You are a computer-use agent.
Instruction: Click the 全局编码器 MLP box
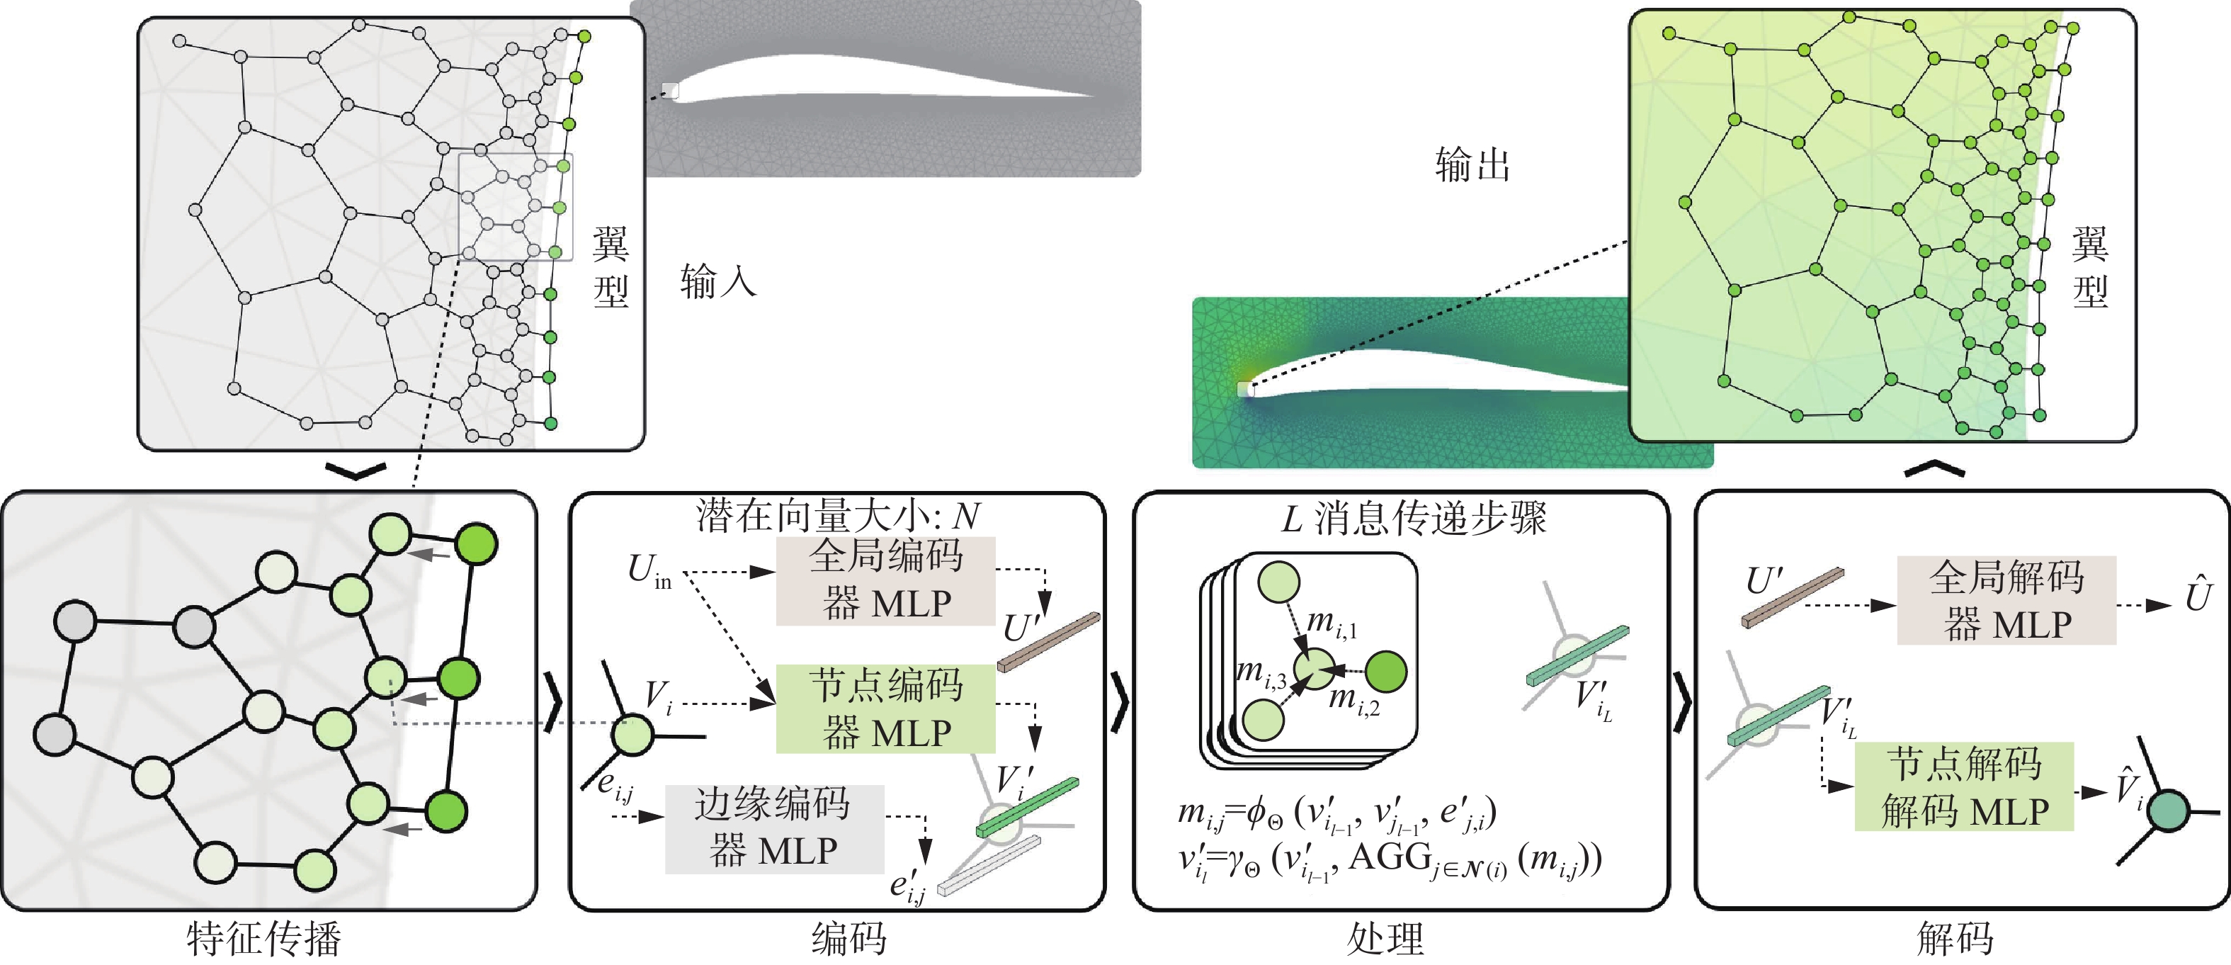[x=885, y=580]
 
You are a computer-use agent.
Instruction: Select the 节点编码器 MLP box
[x=885, y=709]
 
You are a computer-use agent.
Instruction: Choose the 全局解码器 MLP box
[x=2006, y=600]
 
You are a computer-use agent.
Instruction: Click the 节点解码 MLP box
[x=1963, y=786]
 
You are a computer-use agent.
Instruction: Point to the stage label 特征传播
[x=264, y=939]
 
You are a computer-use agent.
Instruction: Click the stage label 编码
[x=848, y=939]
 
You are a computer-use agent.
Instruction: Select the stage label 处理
[x=1386, y=939]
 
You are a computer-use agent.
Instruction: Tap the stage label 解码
[x=1955, y=939]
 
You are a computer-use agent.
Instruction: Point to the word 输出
[x=1472, y=164]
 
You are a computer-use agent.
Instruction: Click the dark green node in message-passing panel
[x=1386, y=672]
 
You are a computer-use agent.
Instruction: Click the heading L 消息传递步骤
[x=1414, y=518]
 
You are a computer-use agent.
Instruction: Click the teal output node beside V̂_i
[x=2169, y=811]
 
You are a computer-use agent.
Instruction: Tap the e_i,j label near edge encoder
[x=615, y=786]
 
